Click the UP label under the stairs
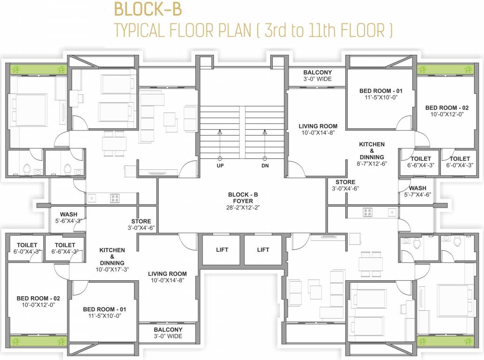[x=220, y=166]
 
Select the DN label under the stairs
[x=265, y=166]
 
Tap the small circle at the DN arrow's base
[x=265, y=158]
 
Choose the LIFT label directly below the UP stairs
[x=222, y=250]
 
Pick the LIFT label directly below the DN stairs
[x=263, y=250]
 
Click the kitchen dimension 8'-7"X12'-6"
[x=372, y=164]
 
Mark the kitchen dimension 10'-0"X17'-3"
[x=112, y=270]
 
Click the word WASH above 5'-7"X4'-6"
[x=414, y=188]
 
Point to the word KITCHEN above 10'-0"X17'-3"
[x=112, y=250]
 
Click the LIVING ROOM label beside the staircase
[x=318, y=126]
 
